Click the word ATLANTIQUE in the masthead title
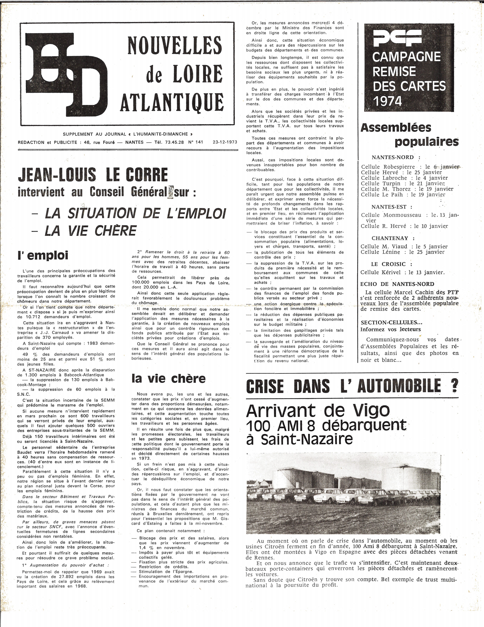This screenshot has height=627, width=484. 172,102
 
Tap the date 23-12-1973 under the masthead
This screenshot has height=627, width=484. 225,142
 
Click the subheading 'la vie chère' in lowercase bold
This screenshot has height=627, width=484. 169,378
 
